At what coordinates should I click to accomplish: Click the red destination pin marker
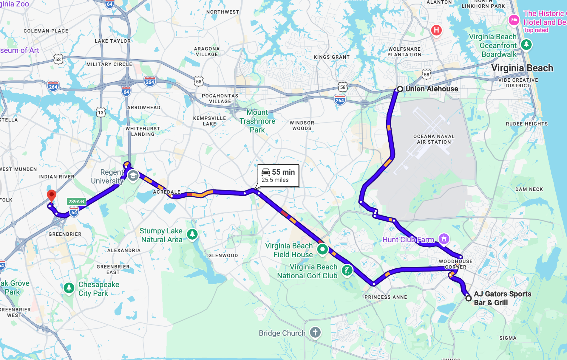point(51,195)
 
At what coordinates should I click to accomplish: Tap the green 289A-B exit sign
point(76,202)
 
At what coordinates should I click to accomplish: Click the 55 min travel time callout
point(278,176)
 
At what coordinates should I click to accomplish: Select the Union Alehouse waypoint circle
point(400,89)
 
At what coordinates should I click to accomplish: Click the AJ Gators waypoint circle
point(468,298)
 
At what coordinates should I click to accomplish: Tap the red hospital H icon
point(436,30)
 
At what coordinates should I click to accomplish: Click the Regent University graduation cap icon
point(133,176)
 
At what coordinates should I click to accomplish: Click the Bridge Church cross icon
point(315,333)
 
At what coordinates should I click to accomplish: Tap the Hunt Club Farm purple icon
point(444,239)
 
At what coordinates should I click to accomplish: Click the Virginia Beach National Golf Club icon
point(347,270)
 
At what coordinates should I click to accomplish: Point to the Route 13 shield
point(101,112)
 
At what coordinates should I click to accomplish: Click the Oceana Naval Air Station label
point(434,139)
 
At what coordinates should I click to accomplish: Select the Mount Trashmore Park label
point(257,121)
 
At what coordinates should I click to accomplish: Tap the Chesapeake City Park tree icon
point(69,288)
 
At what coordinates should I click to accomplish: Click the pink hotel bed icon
point(514,20)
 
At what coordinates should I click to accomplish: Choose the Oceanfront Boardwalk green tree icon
point(526,45)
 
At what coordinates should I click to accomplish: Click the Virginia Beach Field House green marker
point(322,249)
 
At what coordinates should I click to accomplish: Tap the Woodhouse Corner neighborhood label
point(455,264)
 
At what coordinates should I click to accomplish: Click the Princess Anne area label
point(385,297)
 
